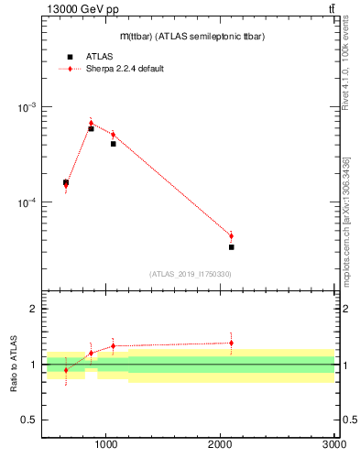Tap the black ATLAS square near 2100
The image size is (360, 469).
pos(231,247)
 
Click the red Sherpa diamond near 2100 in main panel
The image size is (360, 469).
pos(231,235)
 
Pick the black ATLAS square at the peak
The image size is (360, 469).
pos(91,128)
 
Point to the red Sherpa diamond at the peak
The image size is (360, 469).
pos(91,122)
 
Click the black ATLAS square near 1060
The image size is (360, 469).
pos(113,144)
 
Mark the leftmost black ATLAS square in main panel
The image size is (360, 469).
pos(66,182)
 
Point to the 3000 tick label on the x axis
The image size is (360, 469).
pos(333,444)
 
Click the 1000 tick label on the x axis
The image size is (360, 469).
pos(106,444)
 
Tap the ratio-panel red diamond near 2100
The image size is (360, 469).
pos(231,343)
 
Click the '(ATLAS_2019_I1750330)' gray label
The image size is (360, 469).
pos(190,274)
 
